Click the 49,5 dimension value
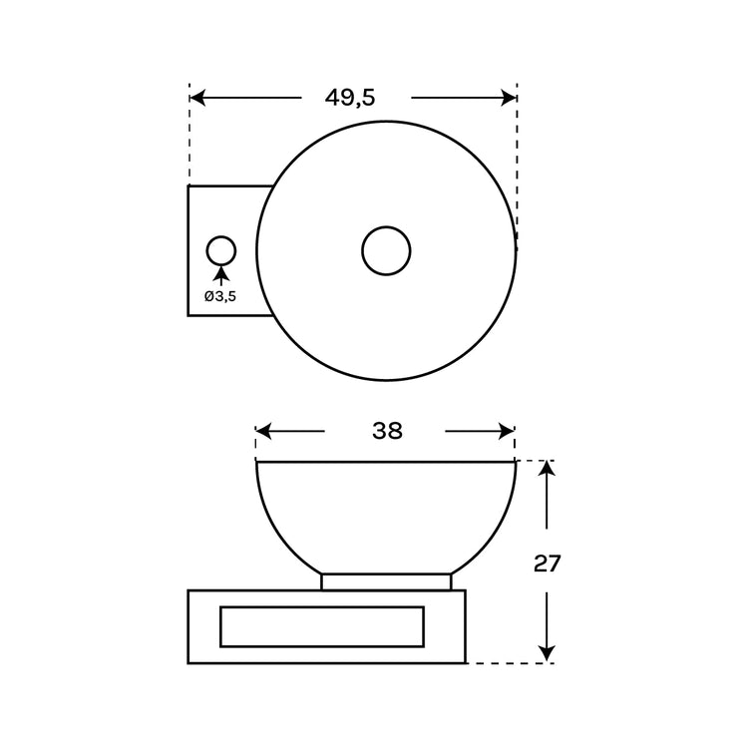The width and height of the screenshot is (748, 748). coord(350,99)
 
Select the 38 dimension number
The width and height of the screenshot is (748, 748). coord(387,431)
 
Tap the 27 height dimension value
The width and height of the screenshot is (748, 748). coord(548,563)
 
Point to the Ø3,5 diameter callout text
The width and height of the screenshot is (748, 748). coord(220,297)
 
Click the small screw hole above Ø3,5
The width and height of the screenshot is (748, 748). coord(221,250)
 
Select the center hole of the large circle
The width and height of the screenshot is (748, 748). coord(386,251)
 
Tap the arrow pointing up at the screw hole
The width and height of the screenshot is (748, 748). coord(220,276)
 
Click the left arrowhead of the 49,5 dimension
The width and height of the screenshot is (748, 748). coord(197,98)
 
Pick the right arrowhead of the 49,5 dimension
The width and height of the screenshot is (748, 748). coord(509,98)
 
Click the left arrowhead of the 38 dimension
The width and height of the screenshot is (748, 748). coord(264,431)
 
